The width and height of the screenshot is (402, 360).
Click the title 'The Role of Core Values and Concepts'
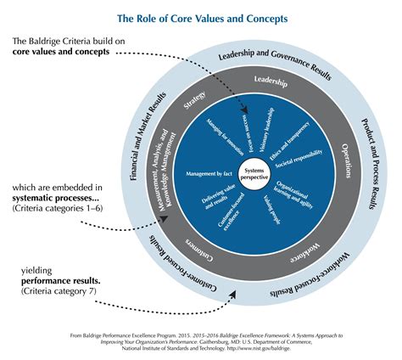tap(201, 18)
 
